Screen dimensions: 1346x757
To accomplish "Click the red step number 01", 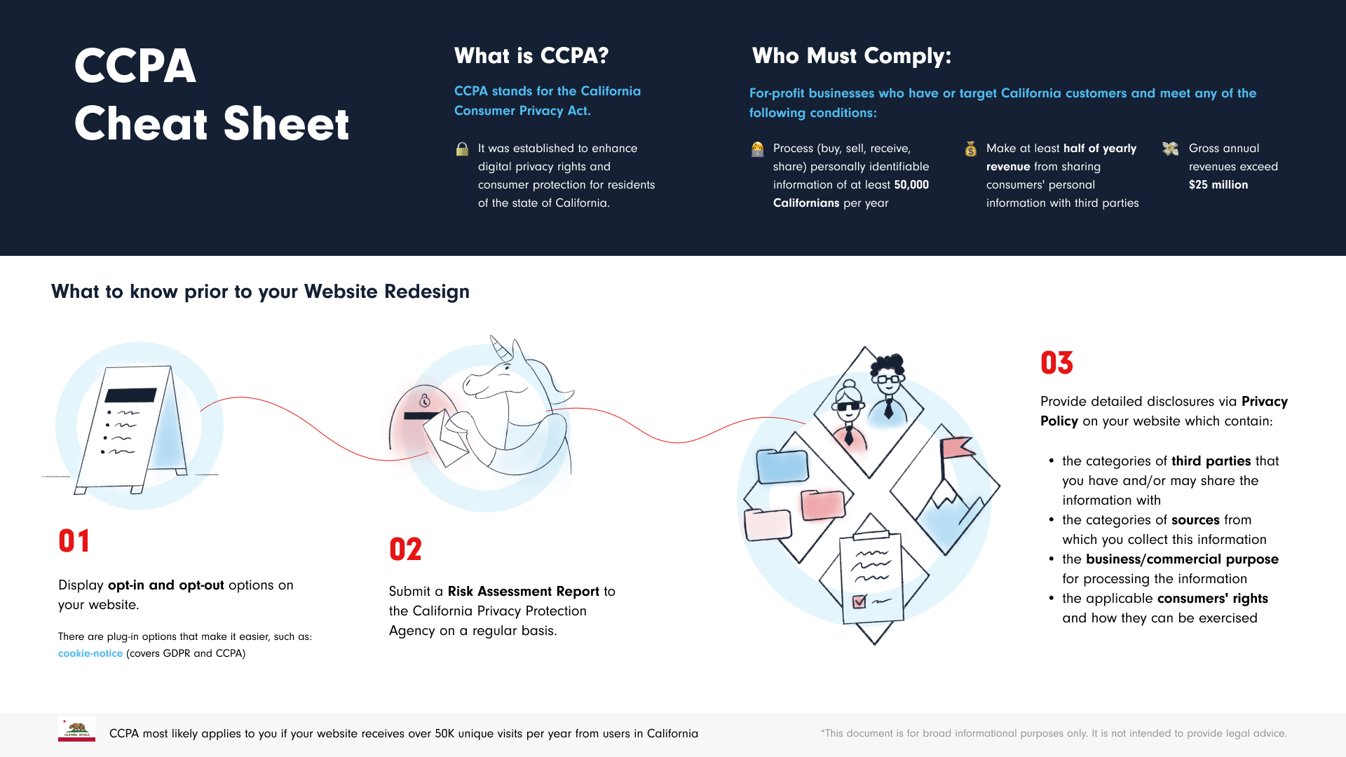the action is pyautogui.click(x=74, y=541).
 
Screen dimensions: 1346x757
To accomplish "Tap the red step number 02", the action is pyautogui.click(x=405, y=550).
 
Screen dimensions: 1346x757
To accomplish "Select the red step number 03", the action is pyautogui.click(x=1056, y=363).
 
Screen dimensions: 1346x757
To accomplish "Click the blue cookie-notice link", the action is pyautogui.click(x=90, y=653).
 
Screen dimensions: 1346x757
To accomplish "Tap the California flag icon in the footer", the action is pyautogui.click(x=76, y=730).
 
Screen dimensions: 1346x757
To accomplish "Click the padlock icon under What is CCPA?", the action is pyautogui.click(x=462, y=149).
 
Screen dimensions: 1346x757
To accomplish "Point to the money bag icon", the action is pyautogui.click(x=971, y=149).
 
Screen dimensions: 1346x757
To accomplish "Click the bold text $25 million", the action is pyautogui.click(x=1218, y=185).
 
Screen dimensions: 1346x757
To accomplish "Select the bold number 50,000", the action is pyautogui.click(x=911, y=185).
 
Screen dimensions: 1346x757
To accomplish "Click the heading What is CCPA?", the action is pyautogui.click(x=531, y=55).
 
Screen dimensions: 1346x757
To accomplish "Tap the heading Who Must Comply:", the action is pyautogui.click(x=852, y=55).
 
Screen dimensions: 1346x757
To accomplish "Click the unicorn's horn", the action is pyautogui.click(x=500, y=348).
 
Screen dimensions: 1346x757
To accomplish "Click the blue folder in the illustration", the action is pyautogui.click(x=783, y=466).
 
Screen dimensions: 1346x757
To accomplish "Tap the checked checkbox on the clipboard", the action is pyautogui.click(x=859, y=601).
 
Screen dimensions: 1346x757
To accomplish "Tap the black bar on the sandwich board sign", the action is pyautogui.click(x=130, y=395).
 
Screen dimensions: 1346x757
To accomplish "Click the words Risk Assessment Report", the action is pyautogui.click(x=524, y=592).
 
